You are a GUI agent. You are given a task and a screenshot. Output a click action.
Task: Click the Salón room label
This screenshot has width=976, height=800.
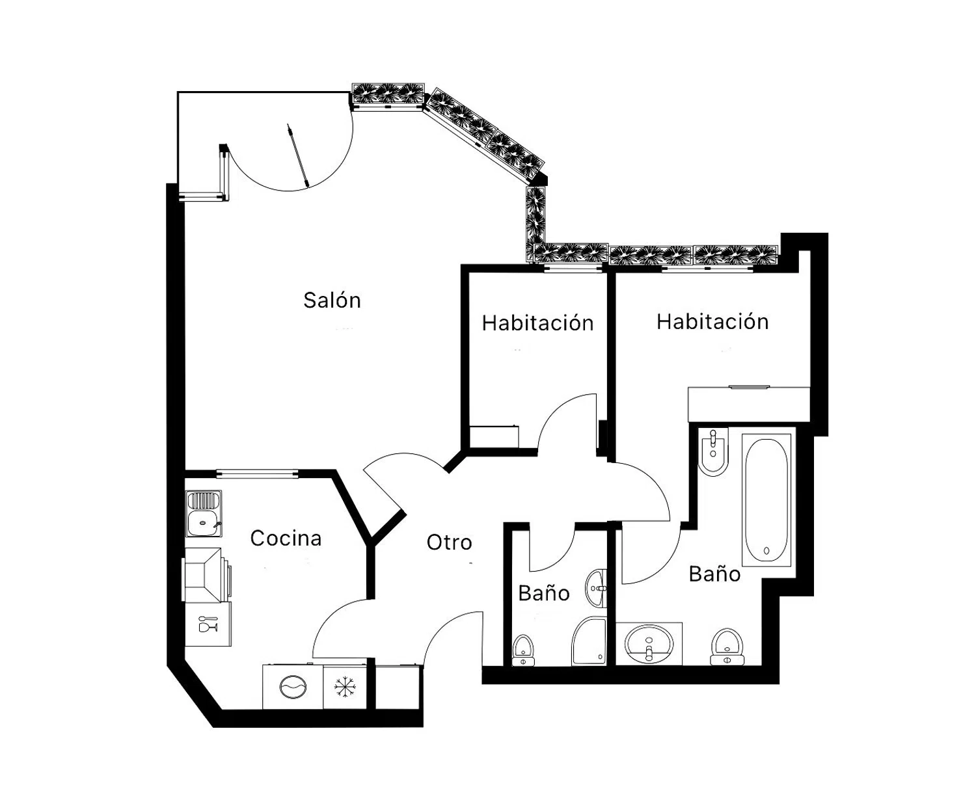click(x=332, y=300)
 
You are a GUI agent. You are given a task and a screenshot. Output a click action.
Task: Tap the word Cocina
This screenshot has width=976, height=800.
click(x=286, y=538)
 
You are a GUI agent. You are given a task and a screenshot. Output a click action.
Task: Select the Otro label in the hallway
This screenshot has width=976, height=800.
click(x=449, y=542)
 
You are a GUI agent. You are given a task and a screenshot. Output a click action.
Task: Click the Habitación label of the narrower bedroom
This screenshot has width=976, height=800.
click(x=537, y=323)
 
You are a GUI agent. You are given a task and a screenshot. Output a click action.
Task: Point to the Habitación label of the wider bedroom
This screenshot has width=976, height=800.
click(x=712, y=321)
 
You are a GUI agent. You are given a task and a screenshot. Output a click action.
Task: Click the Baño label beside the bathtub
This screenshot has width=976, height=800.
click(x=714, y=574)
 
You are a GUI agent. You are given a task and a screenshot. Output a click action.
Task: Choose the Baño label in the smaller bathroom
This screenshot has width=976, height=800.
click(x=543, y=593)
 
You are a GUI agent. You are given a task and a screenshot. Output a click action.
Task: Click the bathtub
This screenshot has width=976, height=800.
click(x=766, y=500)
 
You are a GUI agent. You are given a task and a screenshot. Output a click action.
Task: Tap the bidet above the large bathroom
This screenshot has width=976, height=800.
click(x=712, y=451)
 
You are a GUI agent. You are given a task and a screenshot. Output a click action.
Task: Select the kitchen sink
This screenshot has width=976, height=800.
click(x=204, y=514)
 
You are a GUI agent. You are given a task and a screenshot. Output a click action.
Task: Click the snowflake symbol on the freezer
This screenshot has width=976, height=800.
click(x=345, y=687)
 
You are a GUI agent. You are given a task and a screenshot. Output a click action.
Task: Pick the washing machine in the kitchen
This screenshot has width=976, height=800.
click(x=293, y=687)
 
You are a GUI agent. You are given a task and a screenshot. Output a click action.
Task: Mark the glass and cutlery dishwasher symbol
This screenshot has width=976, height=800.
click(x=208, y=624)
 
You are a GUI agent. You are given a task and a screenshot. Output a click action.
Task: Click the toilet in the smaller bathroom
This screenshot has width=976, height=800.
click(x=523, y=650)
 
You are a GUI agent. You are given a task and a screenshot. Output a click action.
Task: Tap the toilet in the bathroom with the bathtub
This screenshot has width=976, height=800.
click(x=727, y=647)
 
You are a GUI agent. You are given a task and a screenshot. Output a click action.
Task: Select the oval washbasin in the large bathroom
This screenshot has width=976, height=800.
click(x=649, y=644)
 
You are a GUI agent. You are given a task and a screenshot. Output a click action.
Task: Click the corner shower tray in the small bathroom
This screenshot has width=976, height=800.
click(x=589, y=641)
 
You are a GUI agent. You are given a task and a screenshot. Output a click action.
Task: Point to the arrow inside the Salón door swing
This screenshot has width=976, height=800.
click(x=298, y=156)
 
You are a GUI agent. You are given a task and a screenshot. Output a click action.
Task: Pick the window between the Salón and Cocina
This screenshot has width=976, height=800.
click(x=257, y=473)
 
